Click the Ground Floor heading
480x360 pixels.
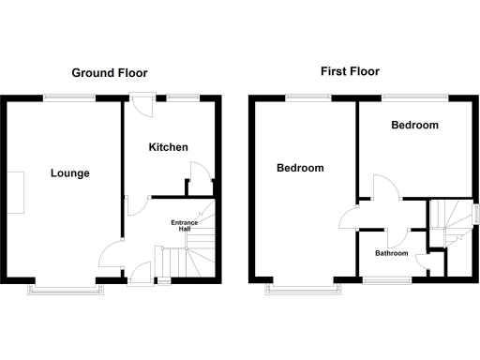click(x=110, y=72)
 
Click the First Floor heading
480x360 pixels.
click(x=350, y=71)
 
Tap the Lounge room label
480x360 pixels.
click(x=70, y=173)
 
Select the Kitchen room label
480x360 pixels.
click(x=169, y=147)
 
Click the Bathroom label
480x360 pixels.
click(x=392, y=253)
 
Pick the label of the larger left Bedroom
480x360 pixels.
click(x=300, y=169)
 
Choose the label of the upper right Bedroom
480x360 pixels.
click(x=415, y=126)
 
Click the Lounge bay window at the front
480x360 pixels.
click(x=67, y=288)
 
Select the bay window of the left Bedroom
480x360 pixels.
click(x=305, y=288)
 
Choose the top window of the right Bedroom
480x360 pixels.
click(x=414, y=94)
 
